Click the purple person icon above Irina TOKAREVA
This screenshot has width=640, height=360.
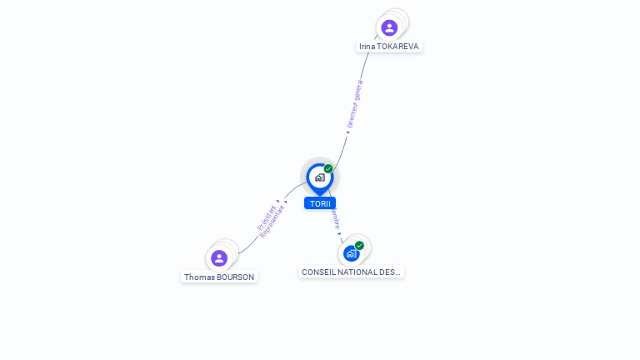point(389,27)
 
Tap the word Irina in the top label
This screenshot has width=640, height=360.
point(367,47)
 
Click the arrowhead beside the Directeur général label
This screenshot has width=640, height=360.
point(347,132)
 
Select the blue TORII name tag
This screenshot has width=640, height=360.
point(320,203)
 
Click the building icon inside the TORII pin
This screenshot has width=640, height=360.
point(319,177)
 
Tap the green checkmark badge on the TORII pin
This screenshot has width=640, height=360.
point(328,169)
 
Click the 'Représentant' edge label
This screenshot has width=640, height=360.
point(273,222)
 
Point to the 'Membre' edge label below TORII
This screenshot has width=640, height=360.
point(334,219)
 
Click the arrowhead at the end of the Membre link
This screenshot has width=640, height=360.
point(340,234)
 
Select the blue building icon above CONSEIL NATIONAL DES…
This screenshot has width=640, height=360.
point(351,252)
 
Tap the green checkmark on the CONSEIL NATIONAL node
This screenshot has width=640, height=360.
point(359,246)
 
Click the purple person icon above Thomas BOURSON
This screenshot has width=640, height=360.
point(219,258)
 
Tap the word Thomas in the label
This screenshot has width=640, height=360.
point(199,277)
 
